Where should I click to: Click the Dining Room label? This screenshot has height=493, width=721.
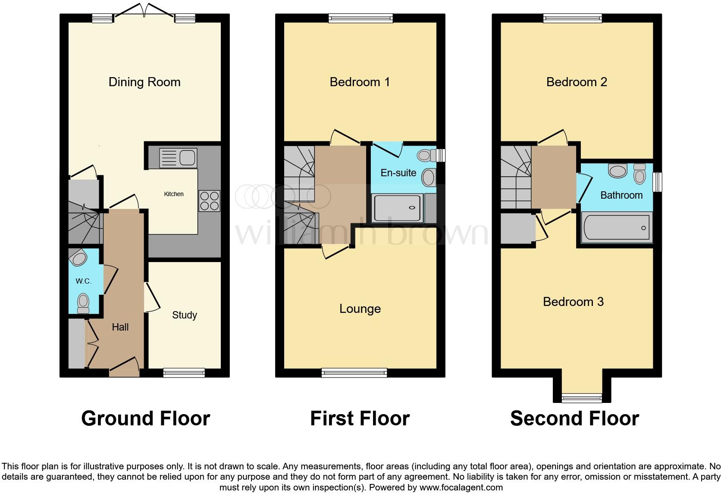pyautogui.click(x=144, y=82)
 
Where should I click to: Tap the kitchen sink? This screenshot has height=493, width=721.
pyautogui.click(x=178, y=158)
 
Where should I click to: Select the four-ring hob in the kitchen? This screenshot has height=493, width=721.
pyautogui.click(x=209, y=201)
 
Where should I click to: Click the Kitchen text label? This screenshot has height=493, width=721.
pyautogui.click(x=174, y=194)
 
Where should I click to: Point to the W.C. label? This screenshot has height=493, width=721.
pyautogui.click(x=83, y=281)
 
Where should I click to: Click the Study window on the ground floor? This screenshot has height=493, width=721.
pyautogui.click(x=184, y=373)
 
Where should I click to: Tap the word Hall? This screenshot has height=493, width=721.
pyautogui.click(x=120, y=328)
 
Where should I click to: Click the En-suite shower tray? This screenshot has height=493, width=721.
pyautogui.click(x=397, y=209)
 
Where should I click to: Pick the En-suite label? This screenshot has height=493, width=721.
pyautogui.click(x=398, y=173)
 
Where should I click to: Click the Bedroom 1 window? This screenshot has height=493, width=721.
pyautogui.click(x=360, y=18)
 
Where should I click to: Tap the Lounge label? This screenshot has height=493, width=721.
pyautogui.click(x=360, y=309)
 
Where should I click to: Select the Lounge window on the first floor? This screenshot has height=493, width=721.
pyautogui.click(x=354, y=373)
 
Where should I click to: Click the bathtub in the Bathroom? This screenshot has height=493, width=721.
pyautogui.click(x=616, y=228)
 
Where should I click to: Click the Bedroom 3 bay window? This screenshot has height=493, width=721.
pyautogui.click(x=582, y=398)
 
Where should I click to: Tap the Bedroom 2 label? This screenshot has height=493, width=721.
pyautogui.click(x=577, y=82)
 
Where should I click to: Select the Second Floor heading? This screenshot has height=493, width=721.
pyautogui.click(x=574, y=418)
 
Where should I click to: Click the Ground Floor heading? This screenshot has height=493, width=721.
pyautogui.click(x=145, y=418)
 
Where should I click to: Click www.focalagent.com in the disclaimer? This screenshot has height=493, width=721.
pyautogui.click(x=461, y=487)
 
